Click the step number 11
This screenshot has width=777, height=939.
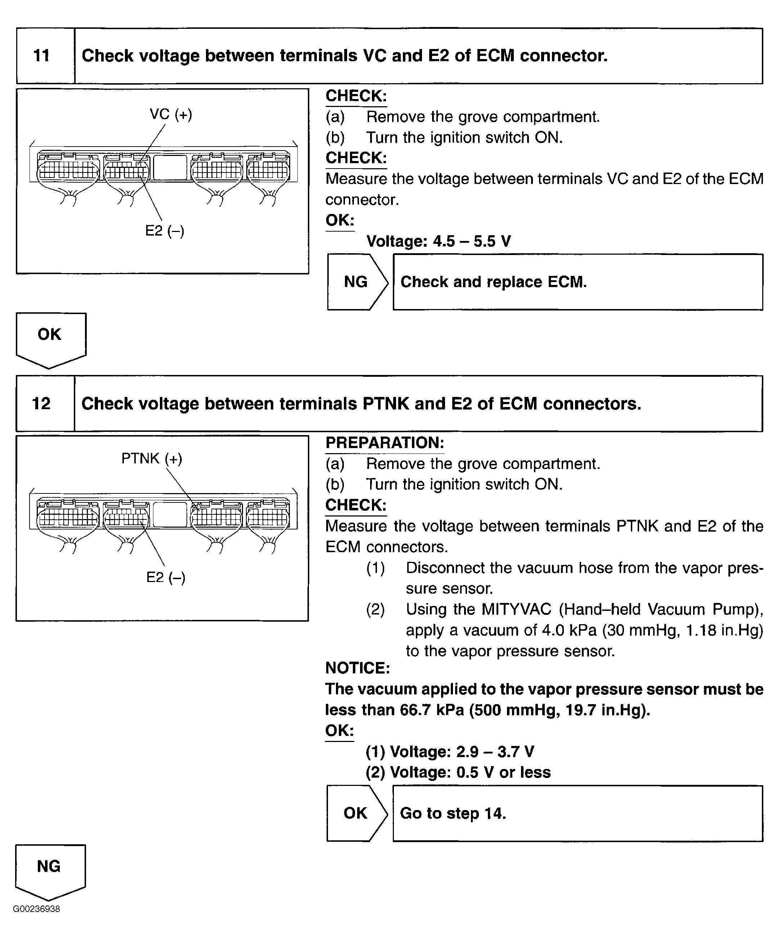tap(41, 56)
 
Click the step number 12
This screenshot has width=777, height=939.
tap(41, 403)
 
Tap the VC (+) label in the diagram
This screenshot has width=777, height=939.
tap(171, 115)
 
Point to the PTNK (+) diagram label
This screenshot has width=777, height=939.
tap(152, 458)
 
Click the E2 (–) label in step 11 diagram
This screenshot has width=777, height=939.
tap(165, 231)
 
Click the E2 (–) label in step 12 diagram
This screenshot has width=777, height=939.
tap(165, 577)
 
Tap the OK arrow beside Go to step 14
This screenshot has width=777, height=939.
tap(355, 813)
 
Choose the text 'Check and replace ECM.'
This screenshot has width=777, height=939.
tap(493, 282)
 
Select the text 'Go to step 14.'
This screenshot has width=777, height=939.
tap(453, 813)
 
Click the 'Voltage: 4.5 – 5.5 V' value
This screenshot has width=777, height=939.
tap(438, 241)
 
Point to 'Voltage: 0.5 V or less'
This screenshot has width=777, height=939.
tap(458, 772)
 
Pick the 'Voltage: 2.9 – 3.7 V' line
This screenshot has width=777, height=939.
tap(450, 752)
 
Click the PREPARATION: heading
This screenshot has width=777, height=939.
tap(385, 443)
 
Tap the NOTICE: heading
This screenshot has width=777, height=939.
tap(358, 668)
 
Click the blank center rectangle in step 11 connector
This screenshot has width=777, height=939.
tap(170, 167)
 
